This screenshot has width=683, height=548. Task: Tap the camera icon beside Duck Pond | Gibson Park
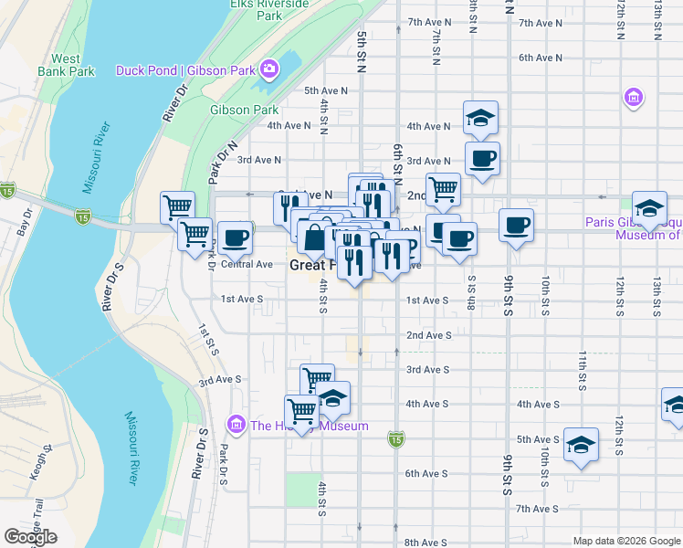(269, 68)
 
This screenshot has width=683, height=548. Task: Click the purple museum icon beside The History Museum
(237, 425)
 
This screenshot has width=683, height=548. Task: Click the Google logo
(30, 537)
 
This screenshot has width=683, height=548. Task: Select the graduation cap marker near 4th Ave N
(480, 117)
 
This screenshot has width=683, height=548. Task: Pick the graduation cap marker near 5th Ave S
(581, 445)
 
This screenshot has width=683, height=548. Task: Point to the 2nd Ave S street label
(428, 335)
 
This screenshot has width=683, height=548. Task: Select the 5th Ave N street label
(326, 90)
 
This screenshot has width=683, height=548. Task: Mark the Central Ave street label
(247, 265)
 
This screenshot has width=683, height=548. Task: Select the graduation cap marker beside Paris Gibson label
(649, 209)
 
